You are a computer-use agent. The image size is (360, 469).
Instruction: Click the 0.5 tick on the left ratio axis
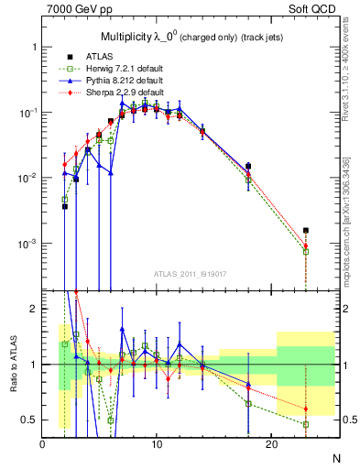coord(31,420)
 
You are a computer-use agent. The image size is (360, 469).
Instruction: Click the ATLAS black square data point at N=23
coord(306,231)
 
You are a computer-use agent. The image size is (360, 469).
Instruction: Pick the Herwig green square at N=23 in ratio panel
coord(306,424)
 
